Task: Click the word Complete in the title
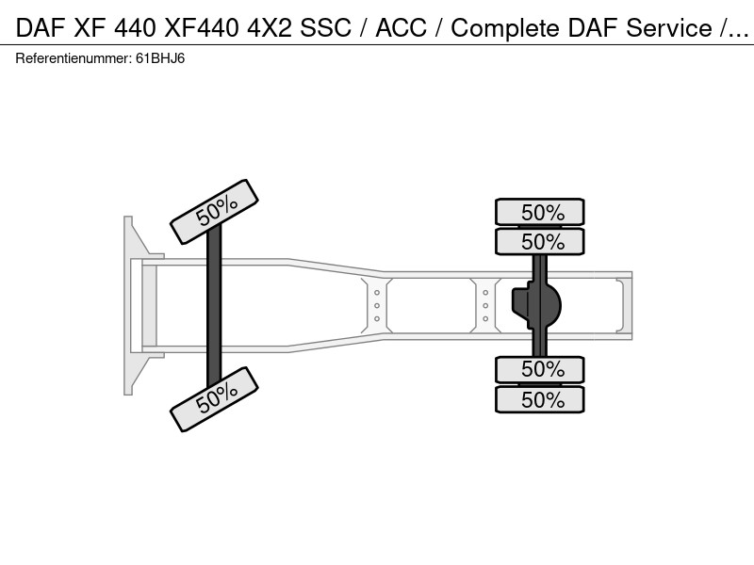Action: (506, 28)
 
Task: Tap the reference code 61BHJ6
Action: (160, 58)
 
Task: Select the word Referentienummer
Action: (73, 58)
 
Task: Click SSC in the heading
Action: (325, 28)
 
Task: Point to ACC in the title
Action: (401, 28)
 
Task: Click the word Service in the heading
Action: (669, 28)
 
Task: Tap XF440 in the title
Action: (201, 28)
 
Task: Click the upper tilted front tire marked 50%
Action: (215, 212)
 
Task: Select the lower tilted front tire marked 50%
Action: (215, 399)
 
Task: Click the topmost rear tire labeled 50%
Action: (540, 212)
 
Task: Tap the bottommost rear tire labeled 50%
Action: (540, 399)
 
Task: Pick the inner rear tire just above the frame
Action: (540, 241)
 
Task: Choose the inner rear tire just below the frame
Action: (540, 369)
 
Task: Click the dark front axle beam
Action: (214, 305)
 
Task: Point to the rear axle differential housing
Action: (536, 305)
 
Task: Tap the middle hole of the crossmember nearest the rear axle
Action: (485, 305)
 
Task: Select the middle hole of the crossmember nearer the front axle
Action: (376, 305)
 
